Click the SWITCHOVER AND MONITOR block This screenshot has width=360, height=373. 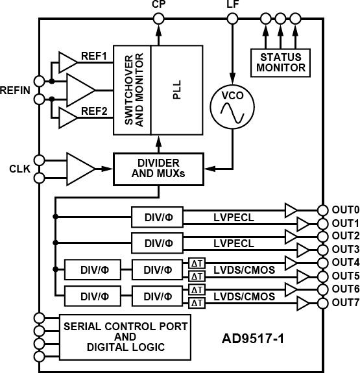[132, 90]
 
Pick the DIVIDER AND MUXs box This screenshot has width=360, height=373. [158, 168]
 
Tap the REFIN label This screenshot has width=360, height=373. [16, 90]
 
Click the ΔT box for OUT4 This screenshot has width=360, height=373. [197, 263]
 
